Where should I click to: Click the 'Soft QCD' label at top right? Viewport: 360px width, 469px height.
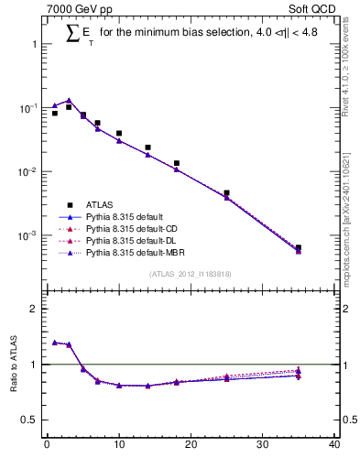point(312,10)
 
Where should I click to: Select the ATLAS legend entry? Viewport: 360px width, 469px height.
point(100,204)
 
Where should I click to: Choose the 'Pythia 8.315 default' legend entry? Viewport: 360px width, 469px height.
point(125,216)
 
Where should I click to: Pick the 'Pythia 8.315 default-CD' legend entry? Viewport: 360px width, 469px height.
point(131,228)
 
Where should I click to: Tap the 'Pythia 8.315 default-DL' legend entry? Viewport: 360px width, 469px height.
point(131,240)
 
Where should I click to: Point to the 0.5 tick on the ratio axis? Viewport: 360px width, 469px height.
point(31,420)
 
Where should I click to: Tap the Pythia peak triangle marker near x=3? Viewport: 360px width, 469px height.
point(69,101)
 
